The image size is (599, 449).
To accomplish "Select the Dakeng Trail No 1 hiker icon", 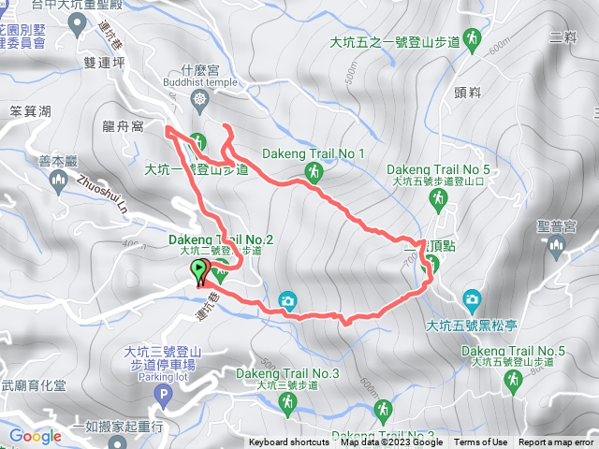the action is click(x=314, y=171).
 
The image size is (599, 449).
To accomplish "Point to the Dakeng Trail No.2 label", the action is click(x=222, y=240).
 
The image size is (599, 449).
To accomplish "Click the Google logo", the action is click(x=35, y=436).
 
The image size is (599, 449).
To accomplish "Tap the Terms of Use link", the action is click(x=481, y=442).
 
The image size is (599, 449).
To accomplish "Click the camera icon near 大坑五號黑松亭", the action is click(x=472, y=299).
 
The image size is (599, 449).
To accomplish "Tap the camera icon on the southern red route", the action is click(x=287, y=301).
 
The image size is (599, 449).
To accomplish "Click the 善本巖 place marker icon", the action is click(x=58, y=180).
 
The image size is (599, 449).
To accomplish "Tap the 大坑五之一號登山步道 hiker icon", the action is click(x=475, y=38).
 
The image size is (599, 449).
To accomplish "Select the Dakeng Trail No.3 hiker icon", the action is click(x=287, y=402).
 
